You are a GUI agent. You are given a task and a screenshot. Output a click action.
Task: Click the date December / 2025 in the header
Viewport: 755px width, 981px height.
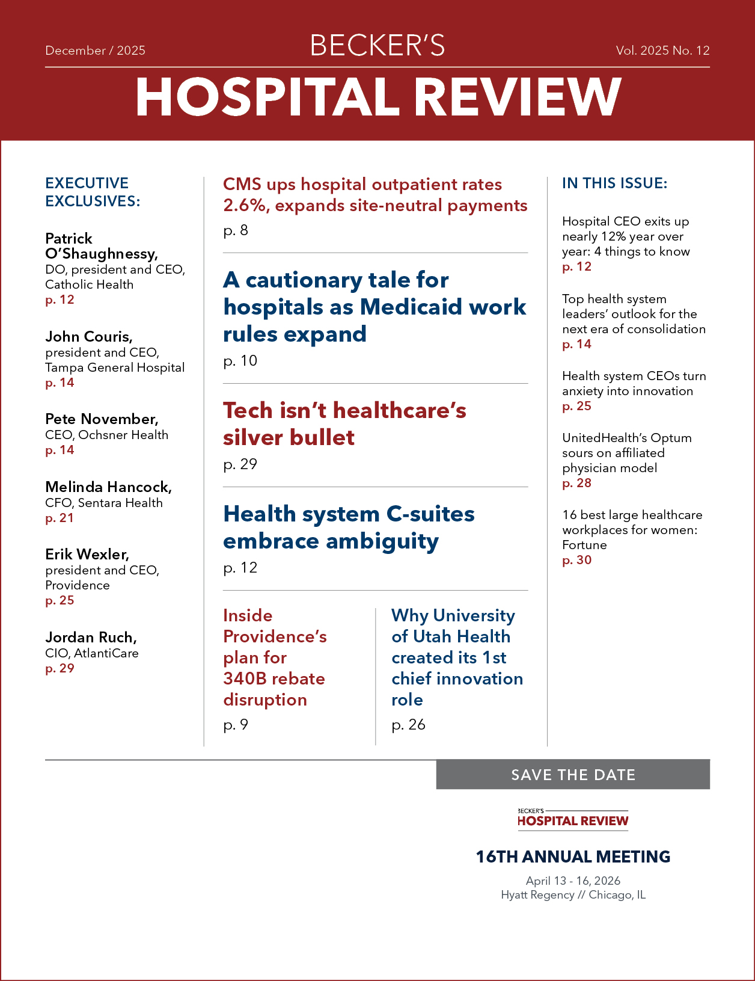click(x=95, y=51)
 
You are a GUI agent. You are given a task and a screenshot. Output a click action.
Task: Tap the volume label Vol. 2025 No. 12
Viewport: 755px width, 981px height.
click(x=662, y=51)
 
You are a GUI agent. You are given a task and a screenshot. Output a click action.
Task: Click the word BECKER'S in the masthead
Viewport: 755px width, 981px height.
click(x=377, y=46)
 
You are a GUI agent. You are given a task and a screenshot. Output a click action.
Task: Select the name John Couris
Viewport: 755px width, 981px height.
click(x=88, y=336)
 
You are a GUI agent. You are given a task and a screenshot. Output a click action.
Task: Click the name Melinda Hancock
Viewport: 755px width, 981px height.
click(x=108, y=487)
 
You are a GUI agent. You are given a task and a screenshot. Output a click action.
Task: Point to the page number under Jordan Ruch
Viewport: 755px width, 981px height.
click(x=60, y=668)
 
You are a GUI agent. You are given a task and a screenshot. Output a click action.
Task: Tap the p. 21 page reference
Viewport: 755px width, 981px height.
click(x=60, y=518)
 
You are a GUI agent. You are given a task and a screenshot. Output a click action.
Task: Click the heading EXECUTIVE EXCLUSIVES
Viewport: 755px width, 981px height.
click(x=93, y=192)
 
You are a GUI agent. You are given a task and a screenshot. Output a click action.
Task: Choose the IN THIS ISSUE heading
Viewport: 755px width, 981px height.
click(x=614, y=183)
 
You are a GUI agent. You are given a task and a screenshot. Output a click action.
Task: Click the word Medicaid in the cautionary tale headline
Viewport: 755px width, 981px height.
click(x=412, y=307)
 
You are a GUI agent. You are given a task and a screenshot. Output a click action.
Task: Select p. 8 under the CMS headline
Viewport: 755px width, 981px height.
click(x=236, y=230)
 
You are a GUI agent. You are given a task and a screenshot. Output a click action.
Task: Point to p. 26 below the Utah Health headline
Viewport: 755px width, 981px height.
click(x=408, y=725)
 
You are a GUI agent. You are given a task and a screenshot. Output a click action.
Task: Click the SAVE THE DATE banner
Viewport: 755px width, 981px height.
click(x=573, y=775)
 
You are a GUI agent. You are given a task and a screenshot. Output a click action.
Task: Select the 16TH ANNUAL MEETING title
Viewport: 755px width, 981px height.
click(x=573, y=856)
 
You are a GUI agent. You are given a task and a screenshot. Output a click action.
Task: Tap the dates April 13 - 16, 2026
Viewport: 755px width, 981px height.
click(x=573, y=881)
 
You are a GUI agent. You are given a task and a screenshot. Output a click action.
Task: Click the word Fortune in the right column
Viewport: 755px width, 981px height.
click(x=584, y=545)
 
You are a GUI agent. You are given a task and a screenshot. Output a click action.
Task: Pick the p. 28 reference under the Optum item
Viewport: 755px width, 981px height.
click(x=576, y=483)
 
